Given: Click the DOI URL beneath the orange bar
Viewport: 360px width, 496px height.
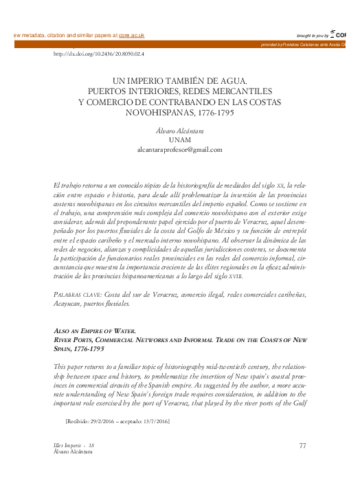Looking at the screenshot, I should tap(98, 53).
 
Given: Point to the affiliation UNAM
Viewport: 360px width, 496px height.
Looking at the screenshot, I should tap(179, 139).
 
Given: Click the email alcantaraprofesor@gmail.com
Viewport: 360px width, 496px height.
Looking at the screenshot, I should tap(179, 148).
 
